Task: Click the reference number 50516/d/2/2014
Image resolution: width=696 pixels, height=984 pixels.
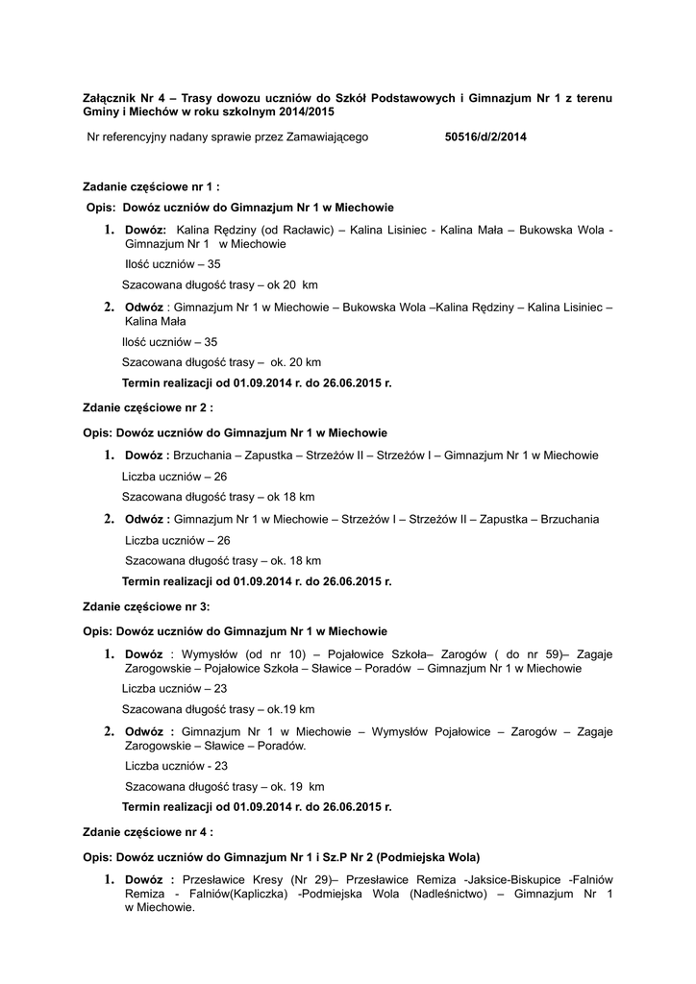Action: [x=486, y=137]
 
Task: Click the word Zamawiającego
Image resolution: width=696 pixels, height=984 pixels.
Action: [x=328, y=137]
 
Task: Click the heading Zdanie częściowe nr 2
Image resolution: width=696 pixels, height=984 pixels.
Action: [x=148, y=407]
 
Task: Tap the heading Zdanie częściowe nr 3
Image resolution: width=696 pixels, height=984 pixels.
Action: [x=146, y=606]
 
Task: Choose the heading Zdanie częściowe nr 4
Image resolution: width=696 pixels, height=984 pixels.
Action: [x=148, y=831]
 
